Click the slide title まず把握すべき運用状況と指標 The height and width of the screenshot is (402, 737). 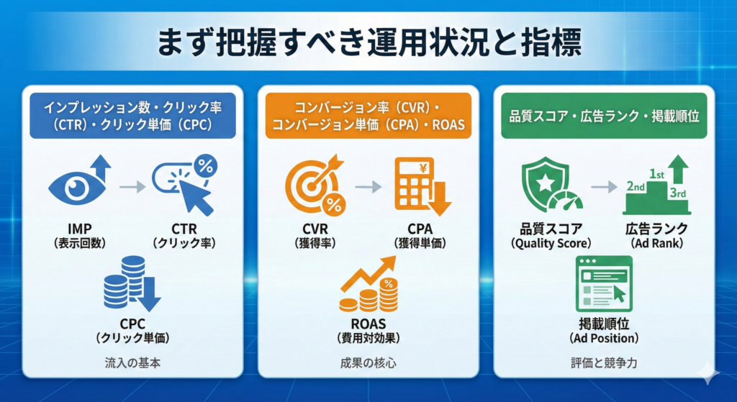tap(368, 42)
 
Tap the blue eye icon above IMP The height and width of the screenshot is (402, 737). tap(77, 186)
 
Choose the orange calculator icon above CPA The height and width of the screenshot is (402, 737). tap(420, 186)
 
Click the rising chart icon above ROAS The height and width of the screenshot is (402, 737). tap(368, 288)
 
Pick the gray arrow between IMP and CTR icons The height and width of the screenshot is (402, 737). tap(132, 188)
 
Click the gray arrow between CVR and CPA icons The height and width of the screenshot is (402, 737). tap(368, 188)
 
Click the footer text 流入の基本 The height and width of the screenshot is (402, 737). tap(132, 362)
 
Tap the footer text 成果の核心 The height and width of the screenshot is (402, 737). tap(368, 362)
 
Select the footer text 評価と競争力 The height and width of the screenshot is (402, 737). tap(603, 362)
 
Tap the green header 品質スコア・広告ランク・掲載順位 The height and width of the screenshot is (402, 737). tap(603, 114)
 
